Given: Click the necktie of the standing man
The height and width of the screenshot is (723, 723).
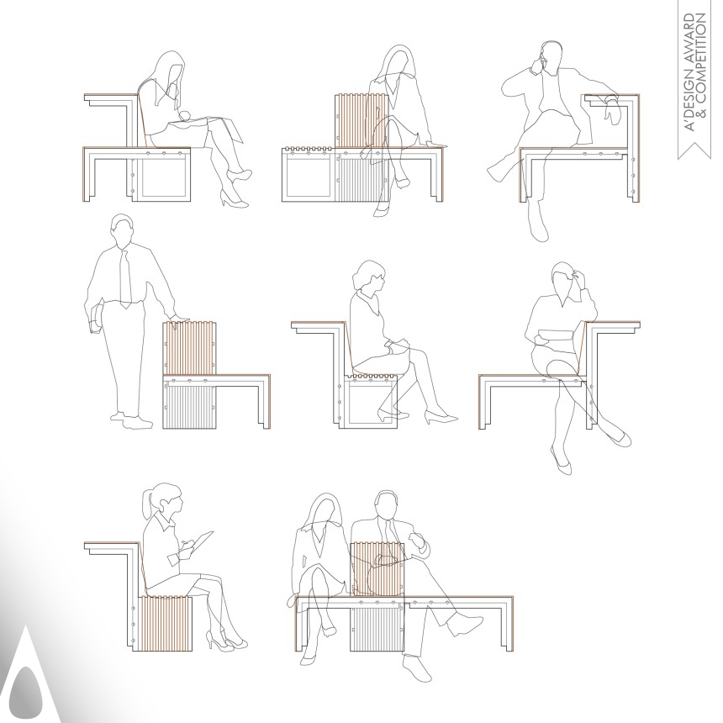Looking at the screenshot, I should (x=124, y=277).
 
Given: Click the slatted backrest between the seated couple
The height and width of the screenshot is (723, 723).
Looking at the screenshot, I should (x=376, y=572).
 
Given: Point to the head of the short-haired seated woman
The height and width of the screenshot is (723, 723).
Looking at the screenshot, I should (x=369, y=277).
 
